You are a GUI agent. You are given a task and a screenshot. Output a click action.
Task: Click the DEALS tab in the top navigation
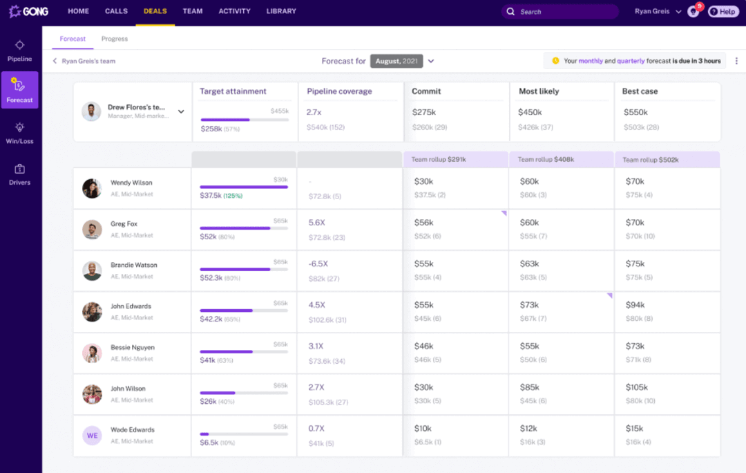tap(155, 12)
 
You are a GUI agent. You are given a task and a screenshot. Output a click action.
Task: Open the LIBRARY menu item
tap(281, 12)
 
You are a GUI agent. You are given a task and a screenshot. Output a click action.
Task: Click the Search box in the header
tap(559, 12)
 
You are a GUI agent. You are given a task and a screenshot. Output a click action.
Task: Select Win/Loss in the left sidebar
tap(19, 133)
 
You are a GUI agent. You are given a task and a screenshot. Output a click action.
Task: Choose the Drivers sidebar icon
tap(19, 174)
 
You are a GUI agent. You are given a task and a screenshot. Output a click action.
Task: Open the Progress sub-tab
tap(114, 39)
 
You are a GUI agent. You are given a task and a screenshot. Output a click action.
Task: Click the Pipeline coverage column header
tap(339, 91)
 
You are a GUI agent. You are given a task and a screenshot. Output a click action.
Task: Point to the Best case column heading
tap(640, 91)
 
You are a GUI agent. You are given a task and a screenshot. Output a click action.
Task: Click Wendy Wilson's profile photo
tap(92, 188)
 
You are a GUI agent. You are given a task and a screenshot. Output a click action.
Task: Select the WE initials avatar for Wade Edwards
tap(92, 435)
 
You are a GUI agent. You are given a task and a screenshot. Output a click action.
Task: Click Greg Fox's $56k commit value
tap(424, 223)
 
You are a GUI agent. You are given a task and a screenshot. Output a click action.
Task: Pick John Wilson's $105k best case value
tap(637, 387)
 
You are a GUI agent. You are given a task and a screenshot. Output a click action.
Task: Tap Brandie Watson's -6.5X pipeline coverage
tap(318, 264)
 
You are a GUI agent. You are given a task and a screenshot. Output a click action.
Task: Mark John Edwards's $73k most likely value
tap(529, 305)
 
